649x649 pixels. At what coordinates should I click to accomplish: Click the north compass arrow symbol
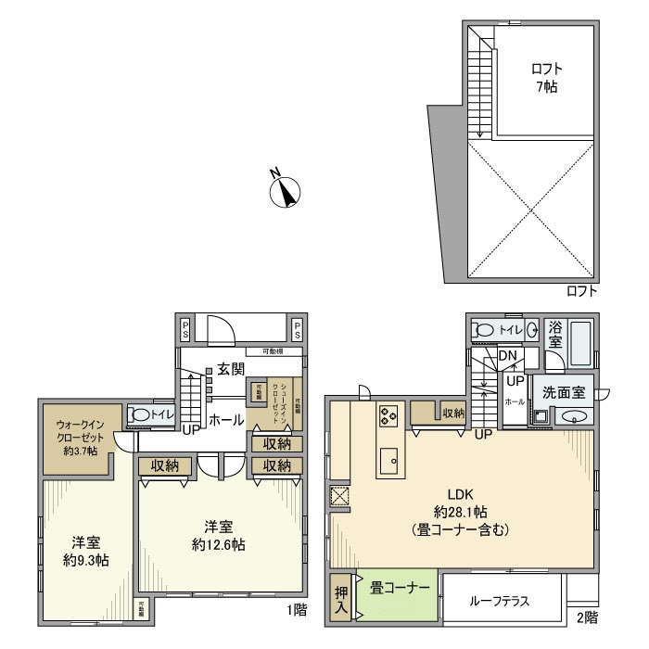(x=286, y=192)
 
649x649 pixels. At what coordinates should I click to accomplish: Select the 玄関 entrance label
(x=231, y=368)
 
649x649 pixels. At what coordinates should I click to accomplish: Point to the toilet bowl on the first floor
(x=140, y=416)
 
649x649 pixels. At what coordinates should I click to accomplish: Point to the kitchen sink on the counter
(x=388, y=457)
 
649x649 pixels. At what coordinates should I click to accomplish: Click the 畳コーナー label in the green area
(x=400, y=588)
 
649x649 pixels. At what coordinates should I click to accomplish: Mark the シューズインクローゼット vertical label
(x=285, y=401)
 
